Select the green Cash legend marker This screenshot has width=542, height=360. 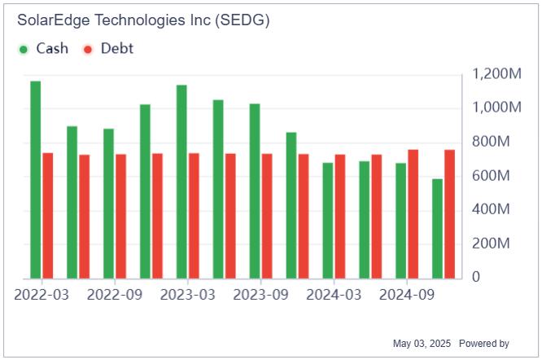24,49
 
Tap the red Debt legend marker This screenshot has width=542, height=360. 88,49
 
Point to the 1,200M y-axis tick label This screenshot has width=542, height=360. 496,74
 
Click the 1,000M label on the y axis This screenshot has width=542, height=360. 496,108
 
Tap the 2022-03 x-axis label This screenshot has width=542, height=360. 41,294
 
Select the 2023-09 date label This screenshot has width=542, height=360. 260,294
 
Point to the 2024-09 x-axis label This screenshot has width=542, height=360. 407,294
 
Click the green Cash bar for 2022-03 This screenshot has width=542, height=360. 35,180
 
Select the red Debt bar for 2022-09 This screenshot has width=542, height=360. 120,217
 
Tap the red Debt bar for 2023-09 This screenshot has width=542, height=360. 267,217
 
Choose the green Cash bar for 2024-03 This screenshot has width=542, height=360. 328,221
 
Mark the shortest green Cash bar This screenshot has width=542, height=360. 438,229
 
